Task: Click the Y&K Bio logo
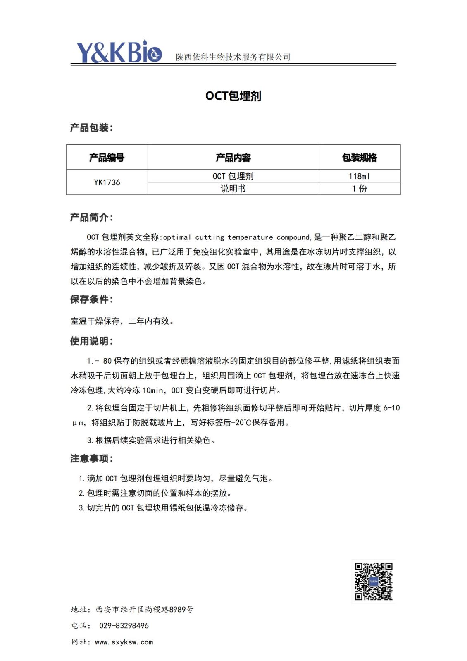(119, 52)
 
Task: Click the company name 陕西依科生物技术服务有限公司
(233, 57)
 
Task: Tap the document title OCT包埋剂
(233, 96)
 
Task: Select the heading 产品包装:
(91, 128)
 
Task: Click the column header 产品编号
(107, 158)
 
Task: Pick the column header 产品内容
(233, 158)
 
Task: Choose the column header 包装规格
(360, 158)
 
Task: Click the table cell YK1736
(107, 182)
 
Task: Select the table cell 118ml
(360, 176)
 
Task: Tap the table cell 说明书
(233, 189)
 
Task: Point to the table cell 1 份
(360, 189)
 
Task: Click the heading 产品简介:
(91, 218)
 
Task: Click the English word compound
(293, 237)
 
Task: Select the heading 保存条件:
(91, 299)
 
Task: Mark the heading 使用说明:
(91, 341)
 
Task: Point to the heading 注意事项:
(91, 459)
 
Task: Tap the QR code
(374, 581)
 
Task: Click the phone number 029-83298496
(124, 626)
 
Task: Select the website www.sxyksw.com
(124, 642)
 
